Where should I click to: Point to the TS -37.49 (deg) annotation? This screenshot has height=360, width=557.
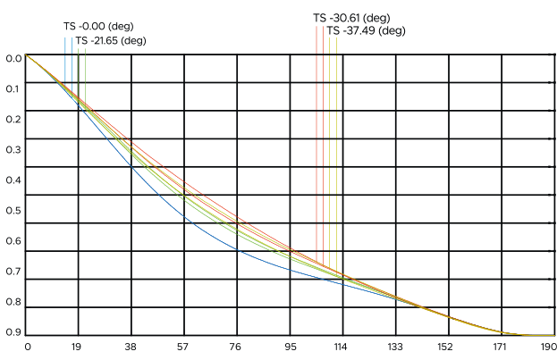367,30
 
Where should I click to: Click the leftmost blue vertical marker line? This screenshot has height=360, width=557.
65,63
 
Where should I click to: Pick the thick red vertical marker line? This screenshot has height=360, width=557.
316,134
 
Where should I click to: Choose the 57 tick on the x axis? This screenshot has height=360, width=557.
184,346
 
